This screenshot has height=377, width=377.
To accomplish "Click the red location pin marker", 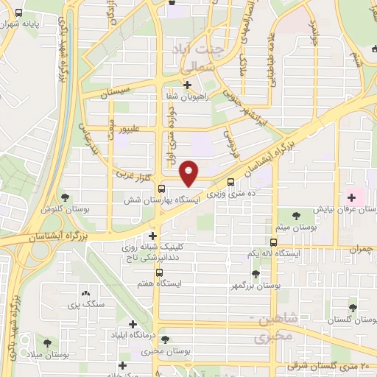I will click(189, 173).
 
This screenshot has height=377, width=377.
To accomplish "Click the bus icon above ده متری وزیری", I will click(232, 182).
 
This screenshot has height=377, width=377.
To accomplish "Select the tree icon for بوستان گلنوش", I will click(66, 197).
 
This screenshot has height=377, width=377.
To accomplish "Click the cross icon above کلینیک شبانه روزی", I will click(152, 236).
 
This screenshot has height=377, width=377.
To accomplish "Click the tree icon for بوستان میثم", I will click(296, 216).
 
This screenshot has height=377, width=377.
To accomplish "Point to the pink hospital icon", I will click(351, 196).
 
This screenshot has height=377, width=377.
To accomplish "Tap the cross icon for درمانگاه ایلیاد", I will click(133, 323).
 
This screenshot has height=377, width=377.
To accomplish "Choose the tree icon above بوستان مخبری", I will click(166, 339).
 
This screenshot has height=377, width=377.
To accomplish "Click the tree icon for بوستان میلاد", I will click(48, 343).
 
